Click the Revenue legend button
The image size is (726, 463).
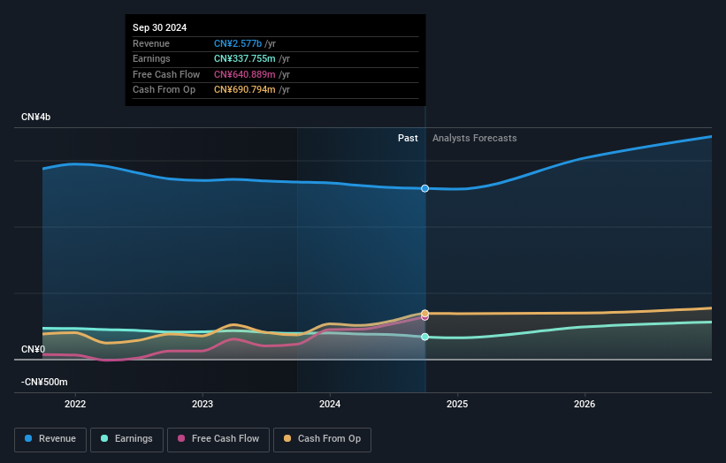coord(50,438)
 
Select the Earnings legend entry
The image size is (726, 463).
coord(126,438)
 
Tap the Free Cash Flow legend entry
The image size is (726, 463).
coord(218,438)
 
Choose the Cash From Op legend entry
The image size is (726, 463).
coord(322,438)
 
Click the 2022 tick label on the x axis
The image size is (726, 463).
coord(75,405)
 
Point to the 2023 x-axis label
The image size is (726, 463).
coord(203,405)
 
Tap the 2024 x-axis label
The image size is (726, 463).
coord(330,405)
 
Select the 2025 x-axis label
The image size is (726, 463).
coord(457,405)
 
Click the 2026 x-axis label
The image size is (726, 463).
coord(585,405)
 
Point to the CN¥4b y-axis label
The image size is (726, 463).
coord(36,118)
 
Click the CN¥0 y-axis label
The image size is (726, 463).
coord(33,350)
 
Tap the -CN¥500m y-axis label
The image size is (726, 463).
coord(45,382)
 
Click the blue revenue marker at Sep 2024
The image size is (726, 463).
coord(425,188)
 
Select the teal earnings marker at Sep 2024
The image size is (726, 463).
coord(425,337)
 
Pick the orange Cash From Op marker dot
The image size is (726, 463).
coord(425,313)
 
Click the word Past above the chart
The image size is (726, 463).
coord(408,138)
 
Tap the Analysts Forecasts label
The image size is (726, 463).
coord(474,138)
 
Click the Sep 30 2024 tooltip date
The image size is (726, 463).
coord(161,28)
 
